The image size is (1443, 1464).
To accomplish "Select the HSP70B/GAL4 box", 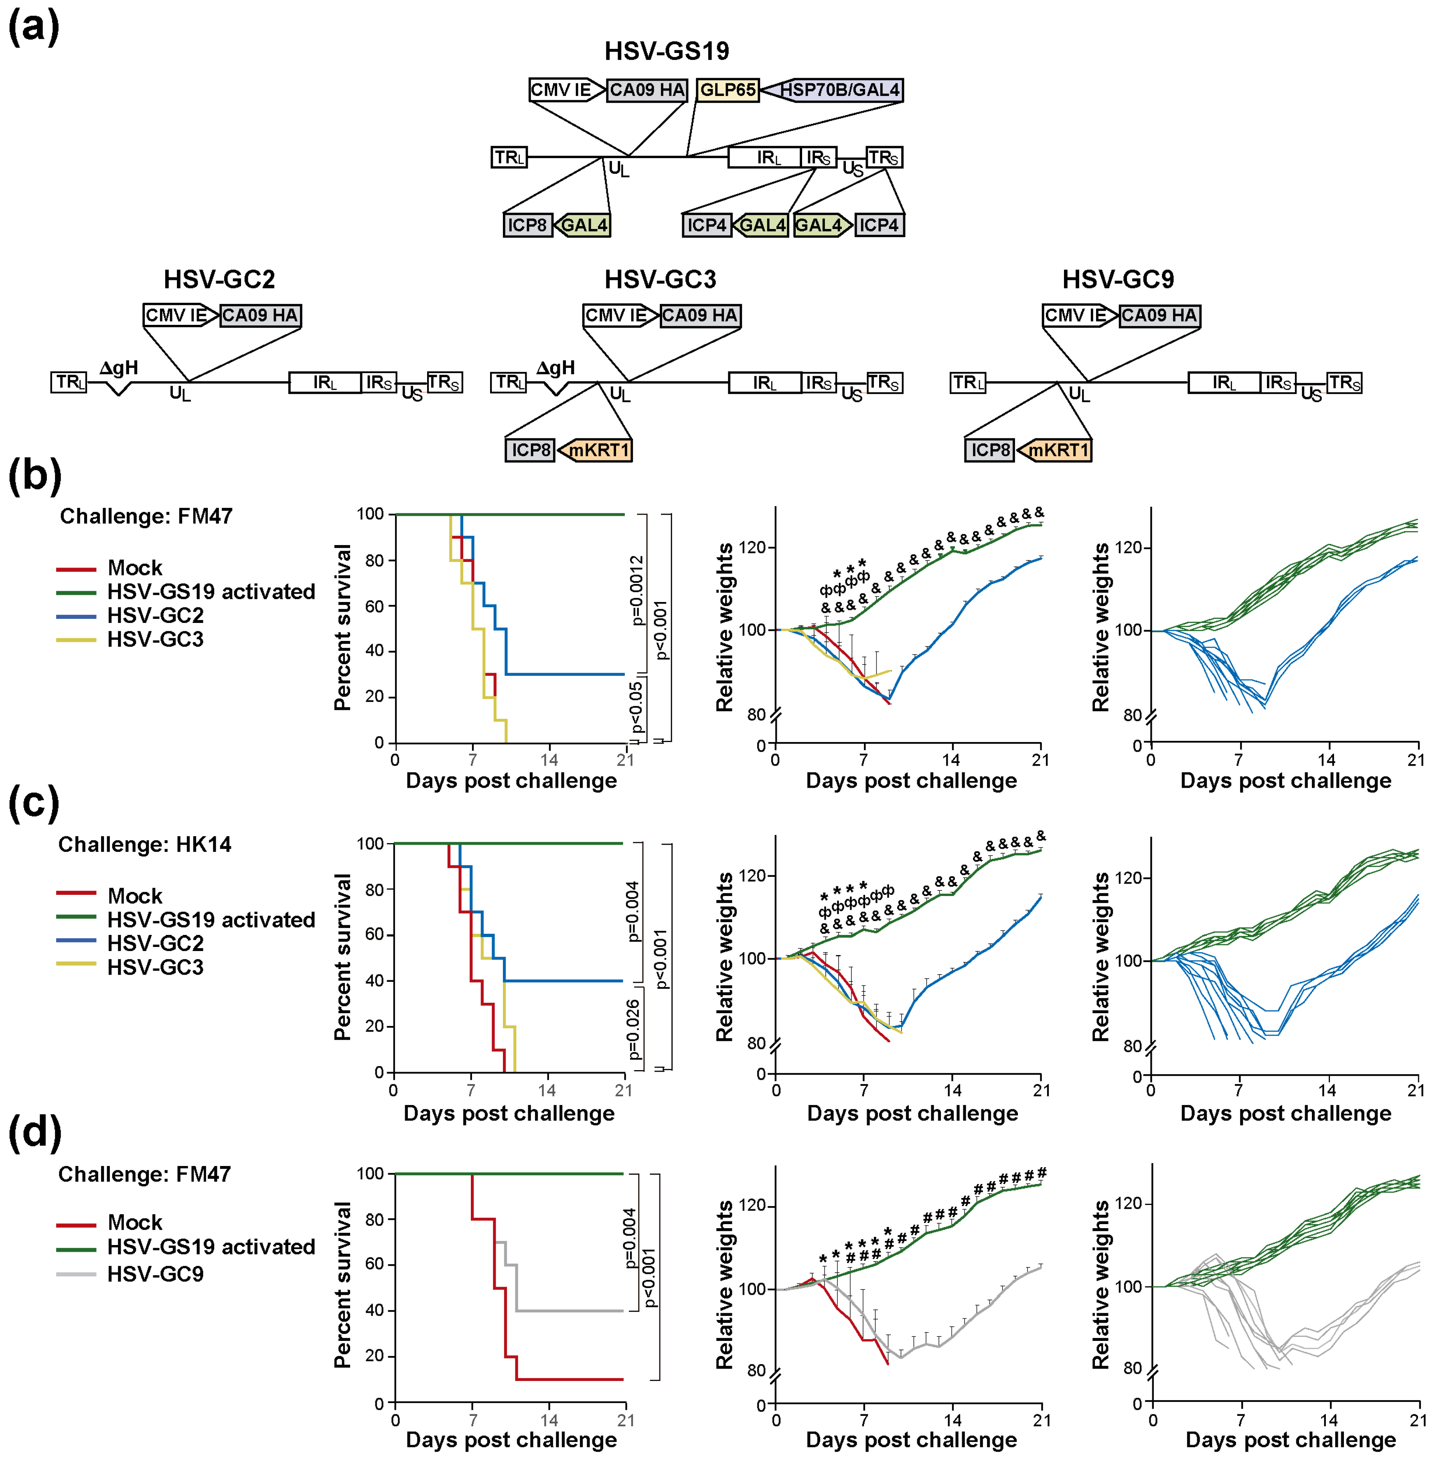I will coord(834,90).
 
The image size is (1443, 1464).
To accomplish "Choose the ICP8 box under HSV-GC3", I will coord(530,450).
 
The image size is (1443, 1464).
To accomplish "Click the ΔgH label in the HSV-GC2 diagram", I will coord(119,368).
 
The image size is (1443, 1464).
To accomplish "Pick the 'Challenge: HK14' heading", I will coord(145,844).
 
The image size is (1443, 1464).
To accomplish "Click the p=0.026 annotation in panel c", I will coord(634,1029).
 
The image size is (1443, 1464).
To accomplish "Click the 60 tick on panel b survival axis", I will coord(375,606).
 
